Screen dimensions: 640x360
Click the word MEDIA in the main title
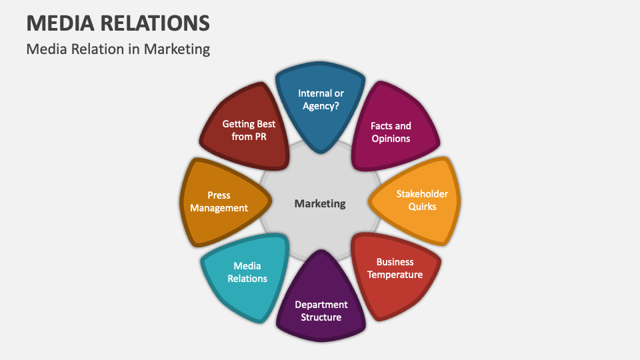click(61, 23)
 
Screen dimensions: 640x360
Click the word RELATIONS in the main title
click(157, 23)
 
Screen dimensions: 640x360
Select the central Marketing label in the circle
click(320, 203)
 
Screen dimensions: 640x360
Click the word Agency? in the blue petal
click(321, 105)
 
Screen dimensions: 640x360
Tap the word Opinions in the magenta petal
click(391, 139)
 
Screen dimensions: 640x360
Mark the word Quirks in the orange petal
click(423, 207)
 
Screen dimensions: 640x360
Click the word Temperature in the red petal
click(395, 275)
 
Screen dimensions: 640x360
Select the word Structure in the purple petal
click(321, 317)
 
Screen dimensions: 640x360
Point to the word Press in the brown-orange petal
click(219, 195)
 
